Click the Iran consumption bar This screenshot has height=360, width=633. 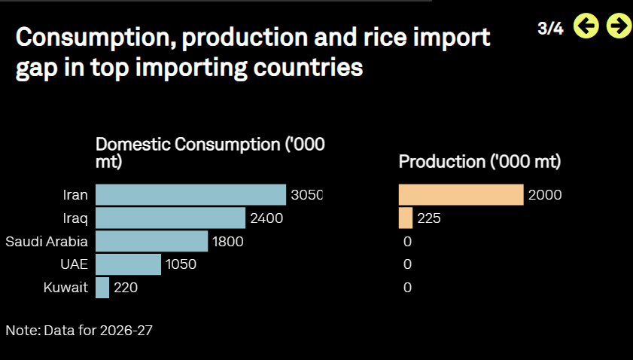point(190,195)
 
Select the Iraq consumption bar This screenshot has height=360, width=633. point(170,218)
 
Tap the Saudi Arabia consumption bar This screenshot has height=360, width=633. point(152,241)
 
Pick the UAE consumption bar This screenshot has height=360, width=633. point(129,264)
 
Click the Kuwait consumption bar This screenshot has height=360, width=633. point(102,288)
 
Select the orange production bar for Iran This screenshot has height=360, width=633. point(461,195)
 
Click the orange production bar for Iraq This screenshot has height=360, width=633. point(406,218)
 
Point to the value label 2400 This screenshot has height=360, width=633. point(266,218)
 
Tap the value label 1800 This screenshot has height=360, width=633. point(228,242)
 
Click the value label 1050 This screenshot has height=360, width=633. point(181,264)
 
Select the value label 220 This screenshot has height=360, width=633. point(126,288)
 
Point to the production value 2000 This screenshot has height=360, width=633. point(545,195)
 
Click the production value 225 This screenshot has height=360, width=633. point(429,218)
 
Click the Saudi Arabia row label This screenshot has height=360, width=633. point(47,242)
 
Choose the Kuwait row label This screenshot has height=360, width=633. point(65,288)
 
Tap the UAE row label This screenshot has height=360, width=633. point(75,264)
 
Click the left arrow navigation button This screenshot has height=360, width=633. point(586,26)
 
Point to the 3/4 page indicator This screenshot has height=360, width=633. point(550,29)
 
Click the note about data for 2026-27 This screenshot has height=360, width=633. point(79,331)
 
